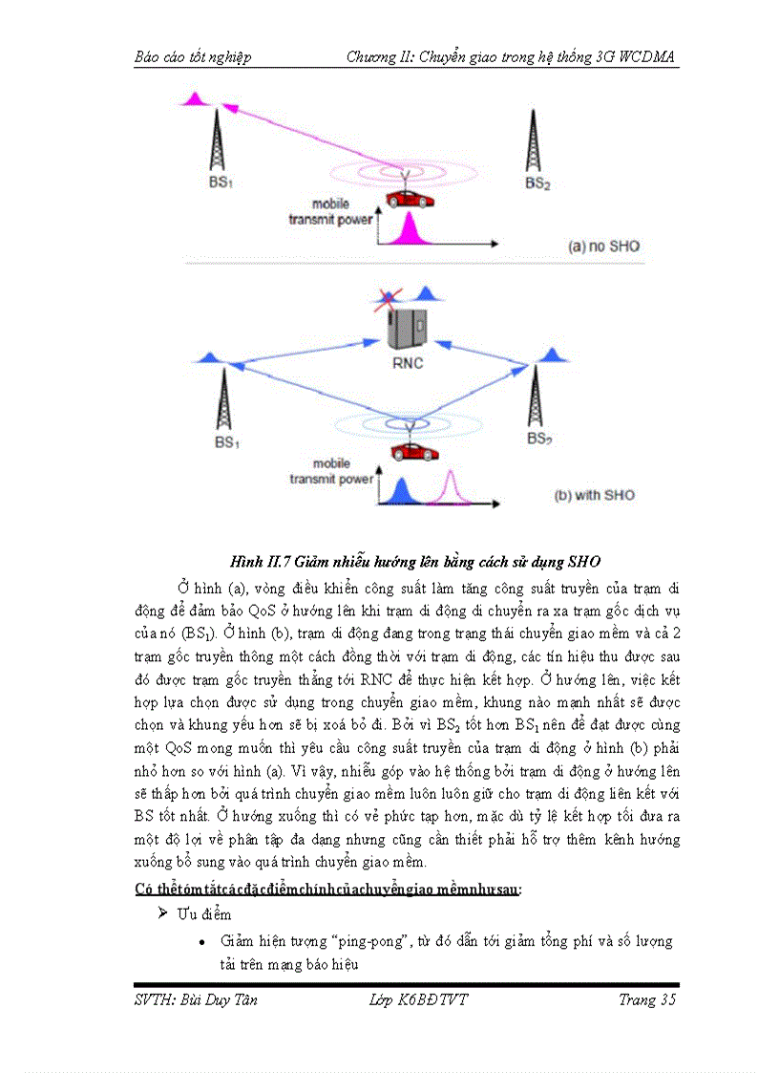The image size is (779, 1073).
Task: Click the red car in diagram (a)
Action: (409, 199)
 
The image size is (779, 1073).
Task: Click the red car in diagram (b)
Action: (409, 450)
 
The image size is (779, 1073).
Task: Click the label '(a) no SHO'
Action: (603, 247)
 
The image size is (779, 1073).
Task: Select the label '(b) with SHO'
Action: (594, 495)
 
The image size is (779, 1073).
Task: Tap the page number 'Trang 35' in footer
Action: (647, 999)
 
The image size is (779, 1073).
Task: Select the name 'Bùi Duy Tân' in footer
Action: (222, 999)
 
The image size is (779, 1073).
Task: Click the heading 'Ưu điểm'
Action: (202, 914)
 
